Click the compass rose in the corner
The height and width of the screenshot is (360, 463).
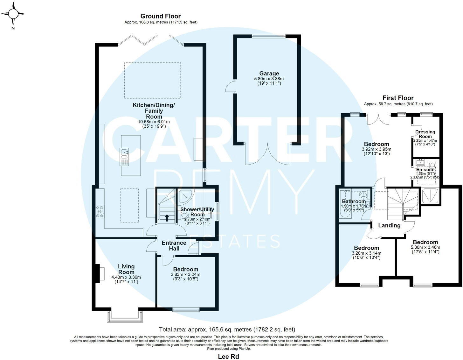coord(13,15)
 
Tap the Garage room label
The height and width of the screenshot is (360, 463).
coord(269,74)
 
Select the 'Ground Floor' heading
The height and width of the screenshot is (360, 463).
coord(161,16)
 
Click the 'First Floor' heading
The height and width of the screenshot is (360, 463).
coord(398,98)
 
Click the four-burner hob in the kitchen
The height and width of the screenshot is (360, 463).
coord(100,211)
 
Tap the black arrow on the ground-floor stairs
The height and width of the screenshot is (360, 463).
coord(167,217)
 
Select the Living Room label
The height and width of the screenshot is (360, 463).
coord(126,269)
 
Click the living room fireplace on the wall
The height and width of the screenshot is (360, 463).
coord(100,274)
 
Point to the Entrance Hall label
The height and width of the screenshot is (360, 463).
coord(174,246)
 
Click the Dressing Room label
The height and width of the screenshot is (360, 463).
coord(425,134)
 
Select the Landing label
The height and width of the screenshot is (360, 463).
coord(389,225)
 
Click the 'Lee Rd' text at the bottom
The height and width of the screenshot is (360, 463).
coord(228,356)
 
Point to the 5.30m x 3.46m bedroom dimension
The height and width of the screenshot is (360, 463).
coord(425,248)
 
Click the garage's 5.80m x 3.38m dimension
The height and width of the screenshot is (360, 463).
coord(269,79)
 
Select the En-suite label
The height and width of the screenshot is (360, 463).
coord(425,170)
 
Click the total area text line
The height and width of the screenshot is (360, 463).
coord(227,329)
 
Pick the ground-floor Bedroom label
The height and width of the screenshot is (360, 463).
coord(186,269)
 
